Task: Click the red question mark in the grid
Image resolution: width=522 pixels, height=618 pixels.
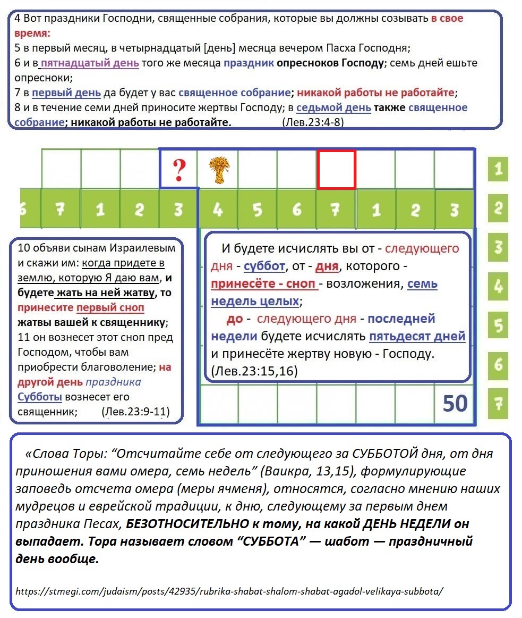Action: (x=179, y=170)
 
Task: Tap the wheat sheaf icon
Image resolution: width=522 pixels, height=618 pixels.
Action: (x=217, y=170)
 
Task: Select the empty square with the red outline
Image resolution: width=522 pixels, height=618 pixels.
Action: (x=336, y=170)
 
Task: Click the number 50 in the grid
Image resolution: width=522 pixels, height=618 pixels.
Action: (x=455, y=404)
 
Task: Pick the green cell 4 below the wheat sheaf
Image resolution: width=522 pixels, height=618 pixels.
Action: (x=217, y=210)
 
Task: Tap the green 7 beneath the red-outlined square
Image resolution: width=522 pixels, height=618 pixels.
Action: (x=335, y=210)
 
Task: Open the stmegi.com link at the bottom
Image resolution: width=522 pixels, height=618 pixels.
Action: (x=229, y=591)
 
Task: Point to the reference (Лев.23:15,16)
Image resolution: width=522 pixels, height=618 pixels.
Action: (x=254, y=371)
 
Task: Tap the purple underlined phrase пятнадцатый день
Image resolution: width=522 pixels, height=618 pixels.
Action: (x=90, y=63)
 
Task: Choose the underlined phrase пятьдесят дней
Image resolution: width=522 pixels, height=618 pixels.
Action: (x=417, y=336)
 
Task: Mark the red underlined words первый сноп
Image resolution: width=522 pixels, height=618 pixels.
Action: (x=110, y=308)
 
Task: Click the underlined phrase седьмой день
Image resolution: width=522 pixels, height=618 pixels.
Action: (x=333, y=108)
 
